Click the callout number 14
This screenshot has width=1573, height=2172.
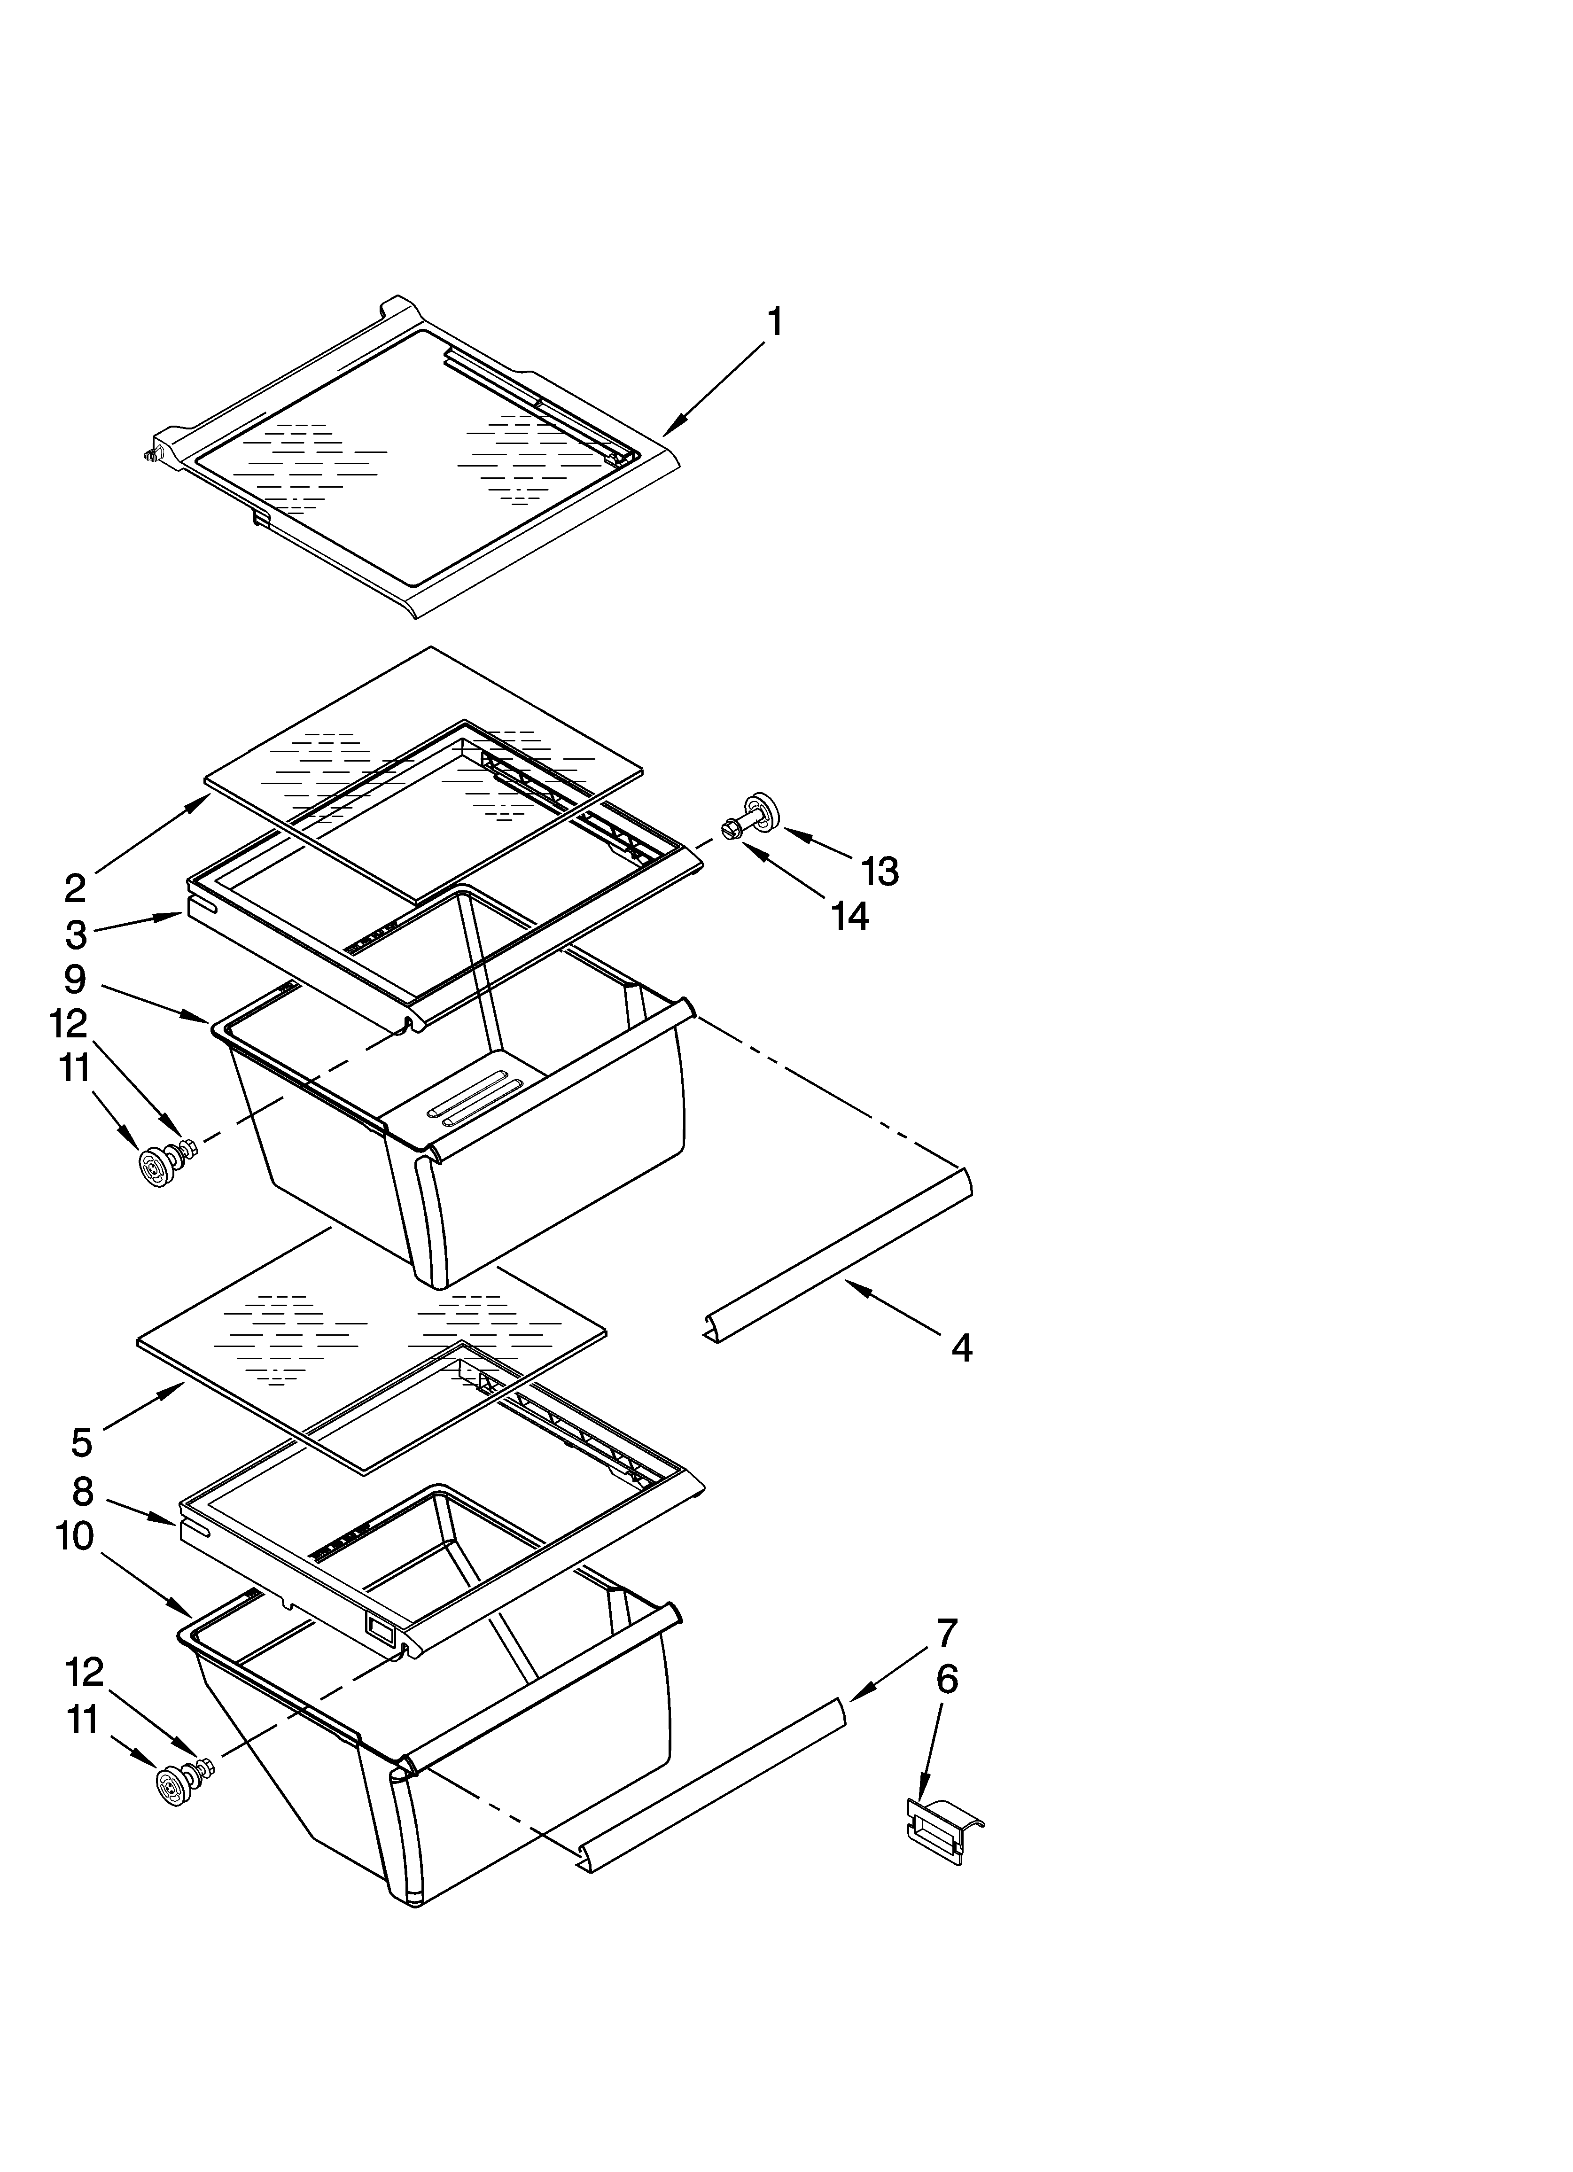(850, 917)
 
